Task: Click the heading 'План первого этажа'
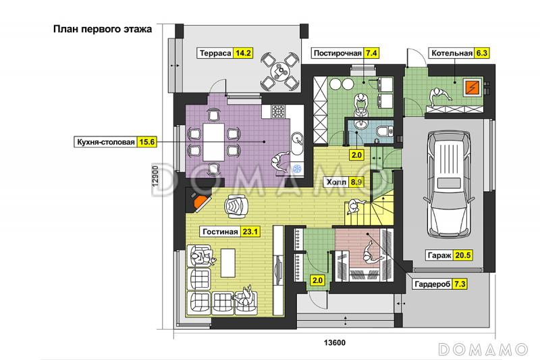tap(103, 29)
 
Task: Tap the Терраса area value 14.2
tap(243, 53)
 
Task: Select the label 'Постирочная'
tap(337, 53)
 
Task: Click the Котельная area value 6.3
tap(481, 53)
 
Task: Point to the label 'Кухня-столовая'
tap(106, 142)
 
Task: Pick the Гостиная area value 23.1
tap(250, 232)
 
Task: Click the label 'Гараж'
tap(439, 255)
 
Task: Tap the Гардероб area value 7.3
tap(460, 284)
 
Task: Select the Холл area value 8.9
tap(356, 182)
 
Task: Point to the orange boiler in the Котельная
tap(471, 88)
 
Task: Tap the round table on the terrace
tap(279, 72)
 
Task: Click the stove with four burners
tap(278, 111)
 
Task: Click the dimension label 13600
tap(334, 342)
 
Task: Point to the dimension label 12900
tap(155, 176)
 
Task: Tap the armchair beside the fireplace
tap(235, 206)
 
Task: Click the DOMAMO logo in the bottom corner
tap(483, 349)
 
